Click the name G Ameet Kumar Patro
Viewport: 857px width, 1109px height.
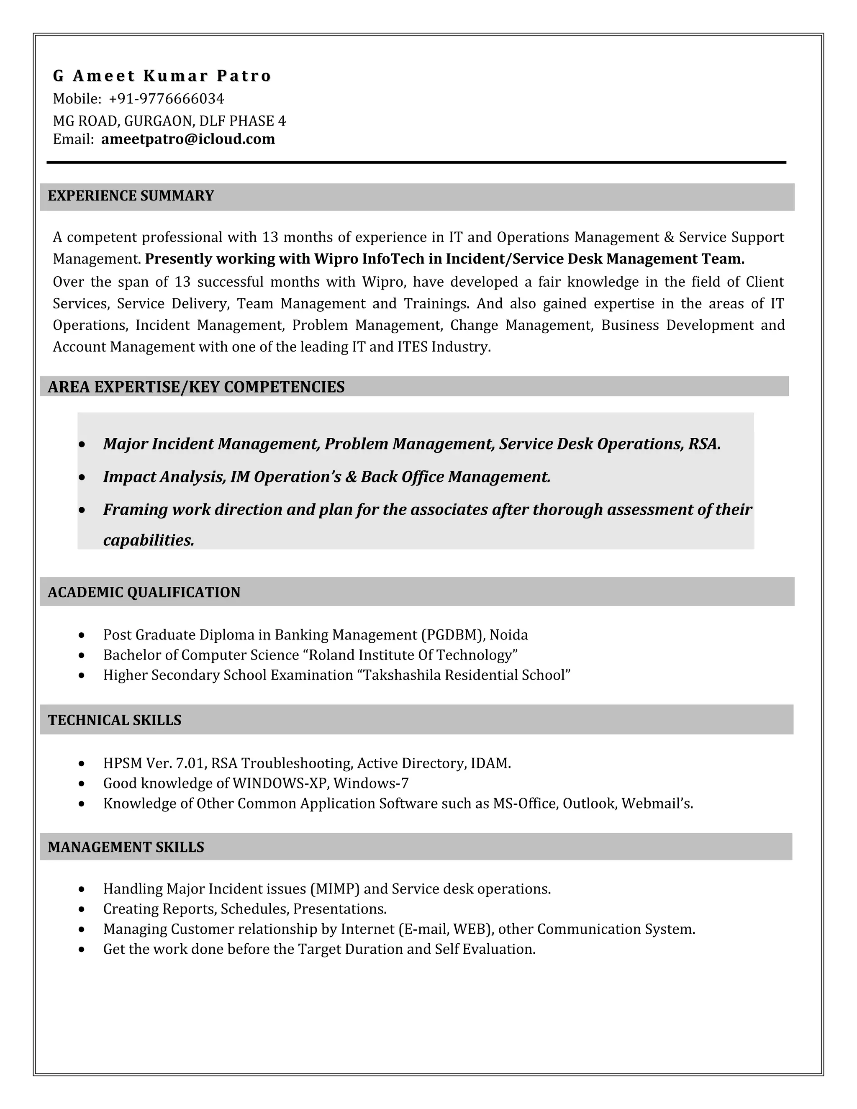(162, 76)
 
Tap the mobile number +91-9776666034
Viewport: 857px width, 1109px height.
(166, 98)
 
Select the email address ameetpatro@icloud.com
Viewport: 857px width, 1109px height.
(188, 139)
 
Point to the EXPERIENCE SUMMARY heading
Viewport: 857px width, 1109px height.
(131, 196)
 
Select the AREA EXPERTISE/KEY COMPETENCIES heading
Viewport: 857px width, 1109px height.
(196, 387)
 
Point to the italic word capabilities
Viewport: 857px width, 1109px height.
(148, 540)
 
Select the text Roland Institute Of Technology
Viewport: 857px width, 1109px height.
(413, 655)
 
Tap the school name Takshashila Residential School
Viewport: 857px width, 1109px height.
(467, 675)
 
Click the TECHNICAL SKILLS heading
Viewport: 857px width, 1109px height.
(114, 720)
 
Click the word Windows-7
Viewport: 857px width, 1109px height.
(371, 783)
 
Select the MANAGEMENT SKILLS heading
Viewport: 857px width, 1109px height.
(126, 847)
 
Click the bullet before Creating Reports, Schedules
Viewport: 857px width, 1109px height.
(82, 909)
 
